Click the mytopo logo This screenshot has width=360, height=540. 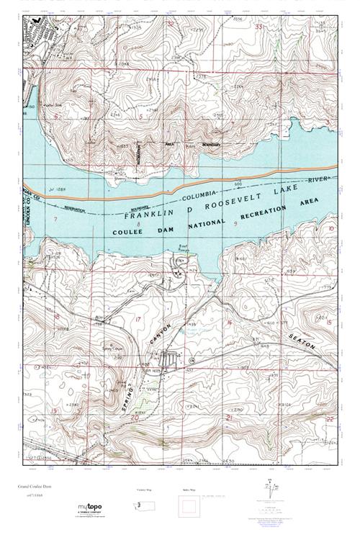click(94, 510)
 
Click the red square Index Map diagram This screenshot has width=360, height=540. click(189, 509)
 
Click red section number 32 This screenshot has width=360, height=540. click(171, 24)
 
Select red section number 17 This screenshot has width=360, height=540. click(137, 318)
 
